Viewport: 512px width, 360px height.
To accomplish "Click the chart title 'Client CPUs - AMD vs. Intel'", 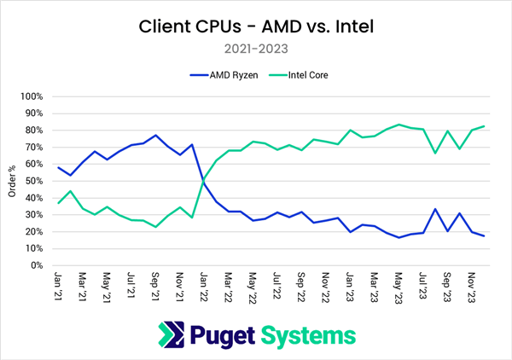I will click(256, 26).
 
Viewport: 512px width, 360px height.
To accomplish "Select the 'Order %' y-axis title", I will click(12, 181).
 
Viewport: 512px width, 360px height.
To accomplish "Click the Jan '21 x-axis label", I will click(57, 283).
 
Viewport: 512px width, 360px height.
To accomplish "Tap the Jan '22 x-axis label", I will click(204, 283).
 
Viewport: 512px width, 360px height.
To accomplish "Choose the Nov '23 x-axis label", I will click(472, 283).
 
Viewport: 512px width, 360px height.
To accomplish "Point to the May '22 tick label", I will click(253, 283).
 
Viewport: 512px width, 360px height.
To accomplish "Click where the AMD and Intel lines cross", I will click(203, 180).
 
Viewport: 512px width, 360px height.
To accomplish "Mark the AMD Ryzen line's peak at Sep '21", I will click(155, 135).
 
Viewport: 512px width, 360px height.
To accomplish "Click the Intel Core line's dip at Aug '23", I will click(435, 153).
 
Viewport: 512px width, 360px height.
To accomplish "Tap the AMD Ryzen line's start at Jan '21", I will click(57, 167).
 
